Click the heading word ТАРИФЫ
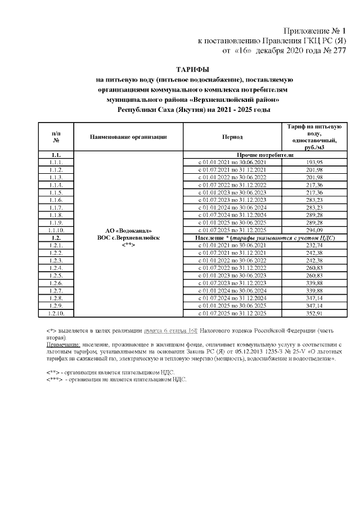point(192,69)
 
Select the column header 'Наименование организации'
point(128,136)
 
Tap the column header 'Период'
point(232,136)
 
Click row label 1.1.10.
point(56,231)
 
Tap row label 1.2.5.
point(56,276)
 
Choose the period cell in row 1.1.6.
point(232,200)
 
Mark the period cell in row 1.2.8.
point(232,298)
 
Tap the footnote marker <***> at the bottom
point(56,380)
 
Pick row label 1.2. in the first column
point(56,238)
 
